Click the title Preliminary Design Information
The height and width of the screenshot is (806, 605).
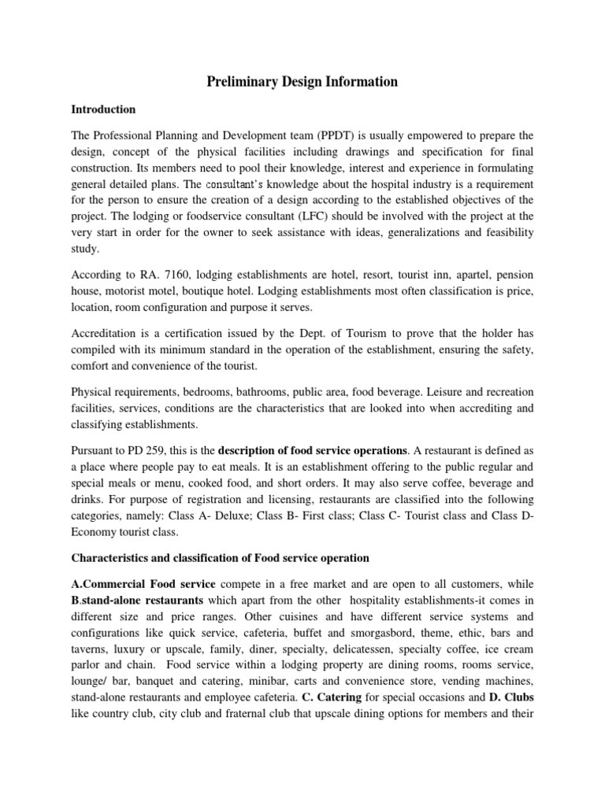[x=302, y=82]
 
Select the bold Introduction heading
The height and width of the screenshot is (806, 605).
[x=103, y=109]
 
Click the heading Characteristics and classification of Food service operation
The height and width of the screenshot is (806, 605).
[x=220, y=558]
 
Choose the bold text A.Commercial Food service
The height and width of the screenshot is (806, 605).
[x=134, y=585]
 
